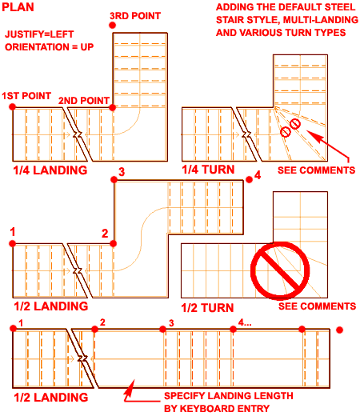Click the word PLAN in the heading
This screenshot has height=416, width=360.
coord(18,7)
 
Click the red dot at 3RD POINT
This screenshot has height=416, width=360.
coord(112,26)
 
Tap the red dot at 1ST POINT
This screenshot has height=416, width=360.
coord(12,107)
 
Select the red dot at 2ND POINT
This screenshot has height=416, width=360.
coord(112,107)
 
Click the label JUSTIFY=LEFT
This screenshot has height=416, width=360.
coord(39,34)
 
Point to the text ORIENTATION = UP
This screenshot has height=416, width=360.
coord(50,47)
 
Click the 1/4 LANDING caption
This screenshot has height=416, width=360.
coord(50,170)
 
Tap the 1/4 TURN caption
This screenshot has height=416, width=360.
coord(208,170)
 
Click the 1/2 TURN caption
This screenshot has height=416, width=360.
coord(207,308)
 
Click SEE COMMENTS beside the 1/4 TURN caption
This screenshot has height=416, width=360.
coord(317,170)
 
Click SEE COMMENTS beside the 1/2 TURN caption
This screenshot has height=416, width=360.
coord(318,306)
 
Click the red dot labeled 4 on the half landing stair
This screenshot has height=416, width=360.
coord(249,180)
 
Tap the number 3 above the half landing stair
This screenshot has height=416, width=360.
coord(122,172)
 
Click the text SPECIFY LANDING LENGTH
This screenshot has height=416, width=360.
coord(229,396)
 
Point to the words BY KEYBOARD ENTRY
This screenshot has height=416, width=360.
coord(217,409)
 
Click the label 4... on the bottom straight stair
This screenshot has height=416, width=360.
coord(245,322)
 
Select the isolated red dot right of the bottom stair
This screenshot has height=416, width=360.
coord(339,330)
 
